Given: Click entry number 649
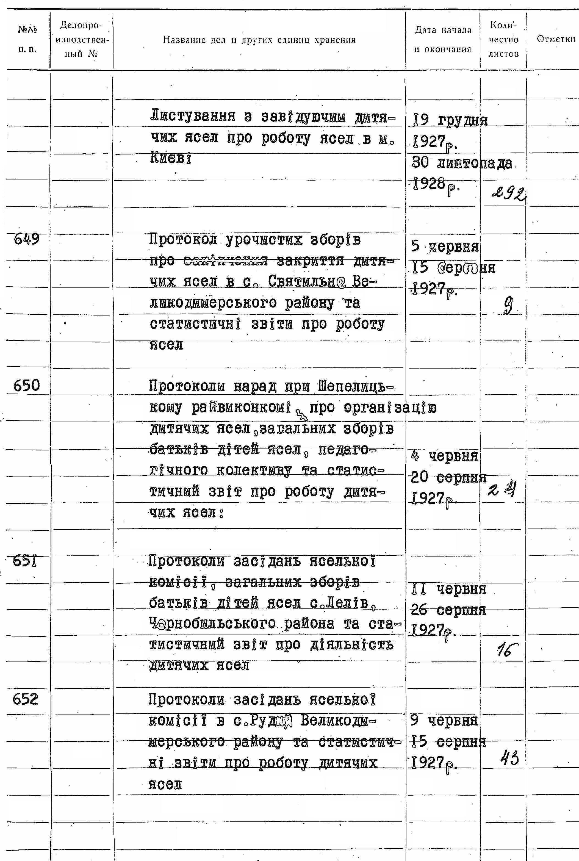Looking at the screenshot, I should tap(26, 240).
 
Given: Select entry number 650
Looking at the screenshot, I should tap(26, 386).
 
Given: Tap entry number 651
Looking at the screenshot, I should tap(26, 561).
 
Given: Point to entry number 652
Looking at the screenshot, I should tap(26, 699).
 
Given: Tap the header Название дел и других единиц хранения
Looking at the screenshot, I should tap(259, 40).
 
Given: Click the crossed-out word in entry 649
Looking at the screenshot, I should tap(226, 261).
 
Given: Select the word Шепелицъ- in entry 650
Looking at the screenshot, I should tap(355, 387).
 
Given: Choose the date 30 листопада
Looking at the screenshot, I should tap(462, 163).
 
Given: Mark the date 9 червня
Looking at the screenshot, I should tap(444, 720).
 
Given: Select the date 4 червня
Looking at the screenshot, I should tap(444, 456).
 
